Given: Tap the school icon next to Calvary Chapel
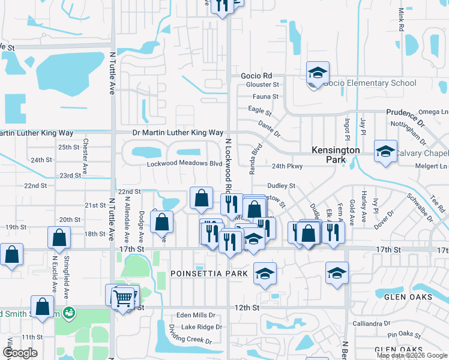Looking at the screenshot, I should (x=385, y=152).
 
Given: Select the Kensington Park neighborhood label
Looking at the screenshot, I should (x=336, y=155).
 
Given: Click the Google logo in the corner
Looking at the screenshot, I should (x=20, y=353).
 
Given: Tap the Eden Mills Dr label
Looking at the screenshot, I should (x=196, y=316).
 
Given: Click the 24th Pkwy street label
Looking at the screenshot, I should (x=286, y=166).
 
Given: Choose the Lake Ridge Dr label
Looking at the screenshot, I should (x=202, y=327).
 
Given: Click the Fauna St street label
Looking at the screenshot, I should (x=266, y=96).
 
